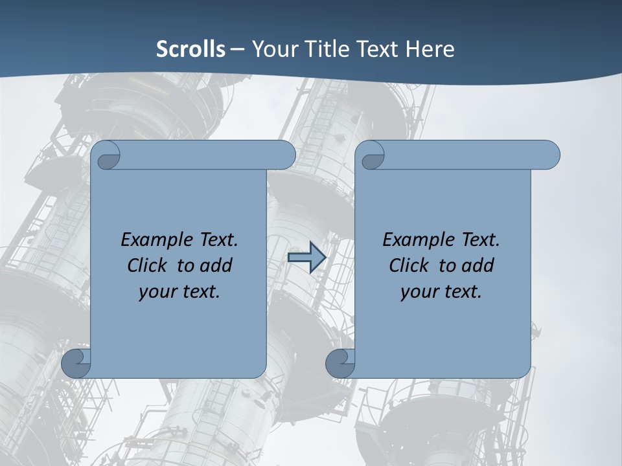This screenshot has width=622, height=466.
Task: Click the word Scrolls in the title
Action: point(190,49)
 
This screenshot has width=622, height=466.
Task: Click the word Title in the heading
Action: point(327,49)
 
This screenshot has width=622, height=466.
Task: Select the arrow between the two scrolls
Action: point(306,258)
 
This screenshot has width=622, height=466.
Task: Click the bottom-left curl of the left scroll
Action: point(76,363)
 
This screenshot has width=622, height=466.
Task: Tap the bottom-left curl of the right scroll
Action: point(340,363)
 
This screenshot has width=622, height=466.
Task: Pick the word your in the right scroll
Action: point(419,292)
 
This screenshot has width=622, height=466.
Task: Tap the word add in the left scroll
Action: point(216,265)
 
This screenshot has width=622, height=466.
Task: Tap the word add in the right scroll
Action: point(478,265)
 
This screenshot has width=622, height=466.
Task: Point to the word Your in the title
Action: point(275,49)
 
